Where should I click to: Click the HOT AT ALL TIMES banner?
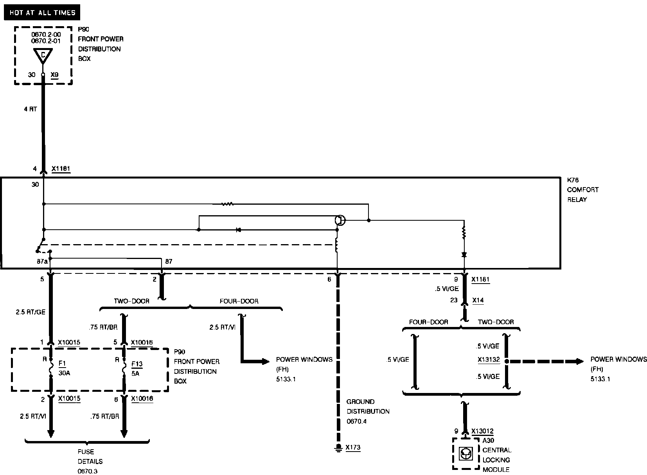42,13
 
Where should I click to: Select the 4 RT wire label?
31,109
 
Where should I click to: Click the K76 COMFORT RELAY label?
582,190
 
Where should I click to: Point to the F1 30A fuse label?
63,368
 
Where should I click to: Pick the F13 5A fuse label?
137,368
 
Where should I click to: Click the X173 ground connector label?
353,447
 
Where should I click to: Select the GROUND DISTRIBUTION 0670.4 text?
368,411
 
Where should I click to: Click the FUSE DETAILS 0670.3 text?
87,461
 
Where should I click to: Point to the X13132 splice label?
489,360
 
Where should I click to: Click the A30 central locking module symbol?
466,454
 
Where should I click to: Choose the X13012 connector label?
482,431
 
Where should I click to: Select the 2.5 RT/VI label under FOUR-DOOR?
222,327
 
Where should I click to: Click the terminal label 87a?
42,261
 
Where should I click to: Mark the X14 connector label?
478,300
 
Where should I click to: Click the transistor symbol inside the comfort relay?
340,220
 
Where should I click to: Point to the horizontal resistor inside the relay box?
227,204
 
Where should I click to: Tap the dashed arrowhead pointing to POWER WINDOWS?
579,361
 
